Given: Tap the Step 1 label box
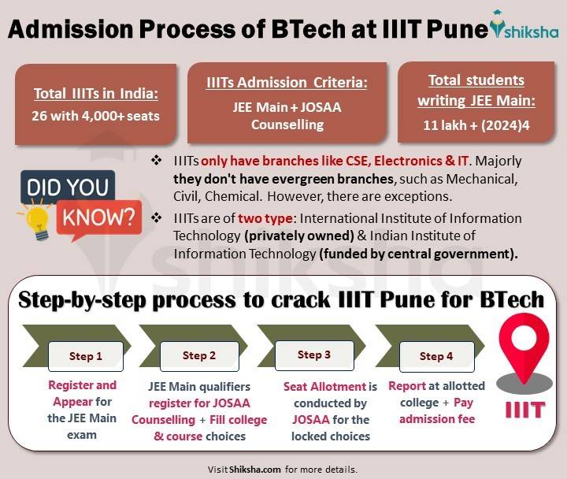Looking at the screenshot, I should pos(86,356).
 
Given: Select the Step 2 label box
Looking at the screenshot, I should pos(199,355).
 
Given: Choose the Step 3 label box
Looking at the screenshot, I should pos(313,355).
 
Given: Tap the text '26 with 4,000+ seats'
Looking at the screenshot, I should pos(96,116).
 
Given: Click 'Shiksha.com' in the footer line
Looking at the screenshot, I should pos(256,469).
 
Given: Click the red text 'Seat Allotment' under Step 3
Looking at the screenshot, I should pos(325,386).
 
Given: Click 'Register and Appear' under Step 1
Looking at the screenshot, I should pos(82,393).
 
